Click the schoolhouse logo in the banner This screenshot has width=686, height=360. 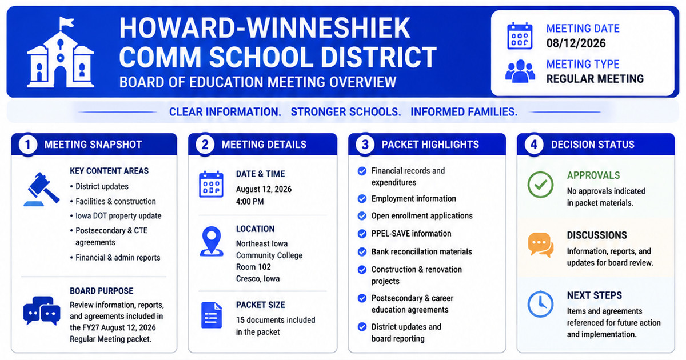61,53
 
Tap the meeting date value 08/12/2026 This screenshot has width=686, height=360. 576,43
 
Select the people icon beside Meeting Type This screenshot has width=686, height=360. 520,71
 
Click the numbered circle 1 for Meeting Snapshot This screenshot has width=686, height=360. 28,145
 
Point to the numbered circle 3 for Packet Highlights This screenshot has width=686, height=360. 365,145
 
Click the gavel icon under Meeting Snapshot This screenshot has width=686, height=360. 42,189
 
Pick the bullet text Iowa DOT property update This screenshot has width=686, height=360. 118,216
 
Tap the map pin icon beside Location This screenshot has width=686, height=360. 212,241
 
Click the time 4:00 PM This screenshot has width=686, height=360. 250,201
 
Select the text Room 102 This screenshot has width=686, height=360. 253,267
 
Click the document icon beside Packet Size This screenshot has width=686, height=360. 212,315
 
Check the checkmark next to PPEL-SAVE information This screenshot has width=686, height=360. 362,234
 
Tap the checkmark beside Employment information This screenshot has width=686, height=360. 362,199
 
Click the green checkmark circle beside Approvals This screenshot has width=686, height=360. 540,185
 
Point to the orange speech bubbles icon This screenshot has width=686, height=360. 541,245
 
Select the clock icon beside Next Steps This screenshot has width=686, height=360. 540,304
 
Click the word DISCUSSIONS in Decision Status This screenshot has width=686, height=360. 597,235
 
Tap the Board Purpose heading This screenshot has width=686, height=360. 101,291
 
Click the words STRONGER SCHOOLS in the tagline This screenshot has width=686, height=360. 346,112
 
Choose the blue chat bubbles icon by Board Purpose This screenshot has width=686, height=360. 42,311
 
